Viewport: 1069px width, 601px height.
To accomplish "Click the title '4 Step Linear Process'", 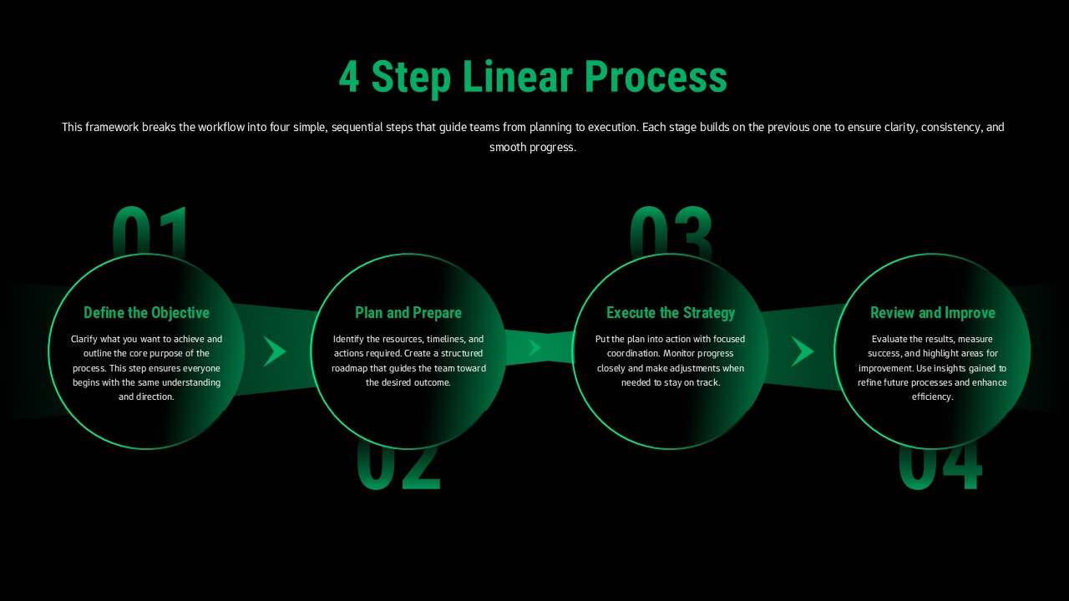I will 533,77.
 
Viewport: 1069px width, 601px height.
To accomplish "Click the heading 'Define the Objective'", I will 146,313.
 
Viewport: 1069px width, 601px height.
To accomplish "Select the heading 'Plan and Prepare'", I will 408,313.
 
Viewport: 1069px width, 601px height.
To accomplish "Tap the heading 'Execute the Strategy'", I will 671,313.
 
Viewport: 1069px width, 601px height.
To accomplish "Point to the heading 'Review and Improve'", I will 933,313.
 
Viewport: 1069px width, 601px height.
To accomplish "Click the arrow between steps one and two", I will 275,351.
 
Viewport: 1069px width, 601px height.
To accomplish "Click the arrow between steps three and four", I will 802,351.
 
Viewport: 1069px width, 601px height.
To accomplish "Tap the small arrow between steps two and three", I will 534,347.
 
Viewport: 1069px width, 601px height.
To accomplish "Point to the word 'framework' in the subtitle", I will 112,128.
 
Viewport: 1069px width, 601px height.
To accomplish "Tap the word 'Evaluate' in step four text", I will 890,340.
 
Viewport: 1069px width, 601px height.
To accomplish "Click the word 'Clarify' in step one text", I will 85,340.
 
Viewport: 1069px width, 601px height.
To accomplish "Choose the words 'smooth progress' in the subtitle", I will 533,148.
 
